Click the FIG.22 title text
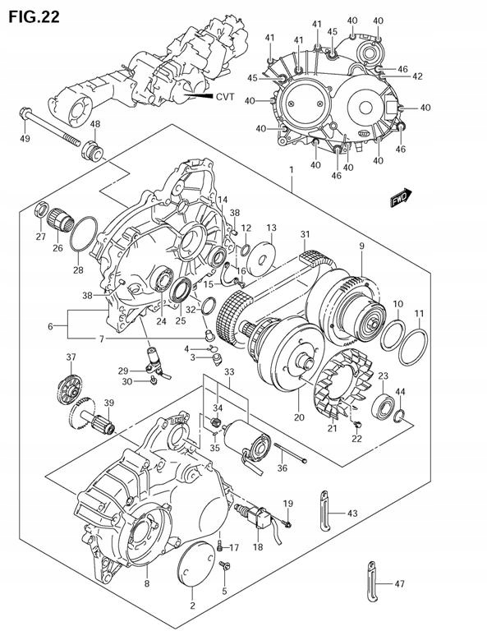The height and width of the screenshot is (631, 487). click(34, 16)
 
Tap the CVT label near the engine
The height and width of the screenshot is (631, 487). click(225, 97)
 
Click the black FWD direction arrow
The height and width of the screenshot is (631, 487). click(401, 197)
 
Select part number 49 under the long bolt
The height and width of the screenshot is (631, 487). click(25, 139)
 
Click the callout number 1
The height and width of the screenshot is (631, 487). click(292, 169)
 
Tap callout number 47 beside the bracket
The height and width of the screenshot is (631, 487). click(399, 583)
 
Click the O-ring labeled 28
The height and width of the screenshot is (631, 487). click(83, 234)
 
